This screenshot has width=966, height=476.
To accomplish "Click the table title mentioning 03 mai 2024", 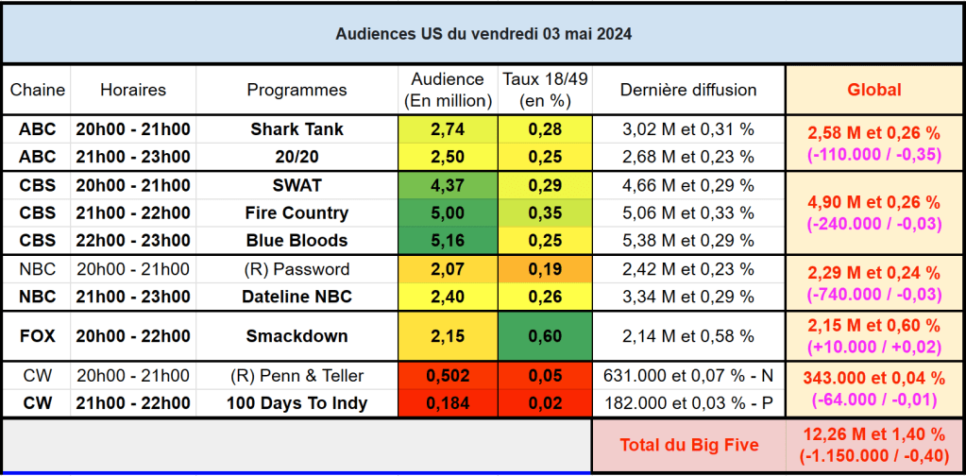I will coord(483,34).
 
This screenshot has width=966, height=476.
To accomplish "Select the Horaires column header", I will coord(133,90).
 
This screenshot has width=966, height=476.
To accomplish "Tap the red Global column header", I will coord(874,90).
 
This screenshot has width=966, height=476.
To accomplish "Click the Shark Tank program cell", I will coord(297,129).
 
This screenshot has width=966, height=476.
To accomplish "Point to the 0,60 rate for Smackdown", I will coord(545,335).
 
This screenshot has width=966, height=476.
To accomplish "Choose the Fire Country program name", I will coord(297,212).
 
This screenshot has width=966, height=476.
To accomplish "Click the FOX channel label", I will coord(37,335).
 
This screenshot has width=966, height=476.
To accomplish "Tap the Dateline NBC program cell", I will coord(297,297).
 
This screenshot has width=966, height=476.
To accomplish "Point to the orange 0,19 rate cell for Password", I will coord(545,269).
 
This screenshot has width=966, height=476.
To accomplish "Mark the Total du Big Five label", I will coord(688,444).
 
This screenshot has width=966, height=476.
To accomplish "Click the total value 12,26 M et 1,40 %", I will coord(874,434).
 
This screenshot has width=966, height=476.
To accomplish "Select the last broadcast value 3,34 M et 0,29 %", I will coord(688,297).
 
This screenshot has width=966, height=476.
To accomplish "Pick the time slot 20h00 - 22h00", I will coord(133,335).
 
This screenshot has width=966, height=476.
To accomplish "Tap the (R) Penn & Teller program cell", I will coord(297,376).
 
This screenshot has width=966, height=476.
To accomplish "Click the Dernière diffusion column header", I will coord(688,90).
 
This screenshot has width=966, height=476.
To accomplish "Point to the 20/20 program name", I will coord(297,156).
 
